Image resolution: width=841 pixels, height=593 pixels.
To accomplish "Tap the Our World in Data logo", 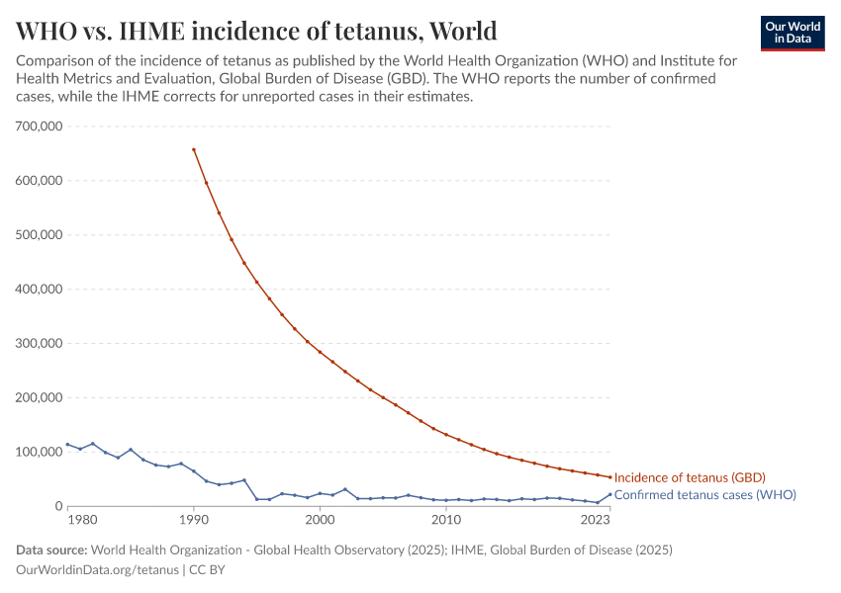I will coord(792,33).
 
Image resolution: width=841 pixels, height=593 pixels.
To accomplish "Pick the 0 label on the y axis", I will coord(58,506).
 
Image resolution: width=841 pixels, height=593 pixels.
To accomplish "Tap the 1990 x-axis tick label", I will coord(194,520).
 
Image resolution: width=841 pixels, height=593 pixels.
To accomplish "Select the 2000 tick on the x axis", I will coord(320,520).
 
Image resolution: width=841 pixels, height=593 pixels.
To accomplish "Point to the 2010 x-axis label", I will coord(446,520).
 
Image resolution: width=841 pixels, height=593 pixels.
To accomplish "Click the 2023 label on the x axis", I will coord(596,520).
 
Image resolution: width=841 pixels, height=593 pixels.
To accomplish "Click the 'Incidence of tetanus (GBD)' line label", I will coord(690,477).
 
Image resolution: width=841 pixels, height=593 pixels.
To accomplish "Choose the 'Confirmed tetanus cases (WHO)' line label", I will coord(704,494).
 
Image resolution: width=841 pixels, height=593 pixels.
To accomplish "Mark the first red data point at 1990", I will coord(194,149).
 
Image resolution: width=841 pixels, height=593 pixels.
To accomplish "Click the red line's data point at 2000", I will coord(320,352).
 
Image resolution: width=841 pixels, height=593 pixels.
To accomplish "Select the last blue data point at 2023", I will coord(609,494).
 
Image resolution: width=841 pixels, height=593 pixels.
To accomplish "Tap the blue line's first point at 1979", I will coord(67,445).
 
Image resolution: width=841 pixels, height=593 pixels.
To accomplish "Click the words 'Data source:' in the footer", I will coord(51,550).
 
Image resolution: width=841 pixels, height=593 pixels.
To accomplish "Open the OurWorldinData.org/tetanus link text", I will coord(97,570).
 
